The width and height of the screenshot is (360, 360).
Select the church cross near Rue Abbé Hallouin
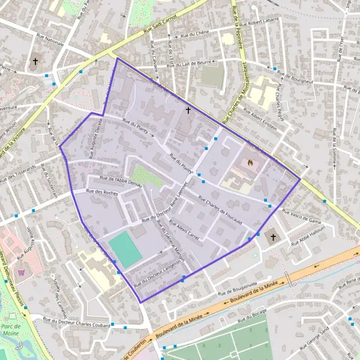(274, 237)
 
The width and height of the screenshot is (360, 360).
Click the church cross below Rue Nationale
(35, 61)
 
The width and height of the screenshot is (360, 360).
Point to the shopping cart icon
(22, 272)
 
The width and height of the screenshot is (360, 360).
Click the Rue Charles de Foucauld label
(220, 213)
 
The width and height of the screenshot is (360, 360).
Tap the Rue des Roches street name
(101, 193)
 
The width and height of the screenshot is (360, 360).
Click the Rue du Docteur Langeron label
(157, 267)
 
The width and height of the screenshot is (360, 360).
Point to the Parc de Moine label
(11, 330)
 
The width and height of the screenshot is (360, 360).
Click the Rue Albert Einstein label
(256, 119)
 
